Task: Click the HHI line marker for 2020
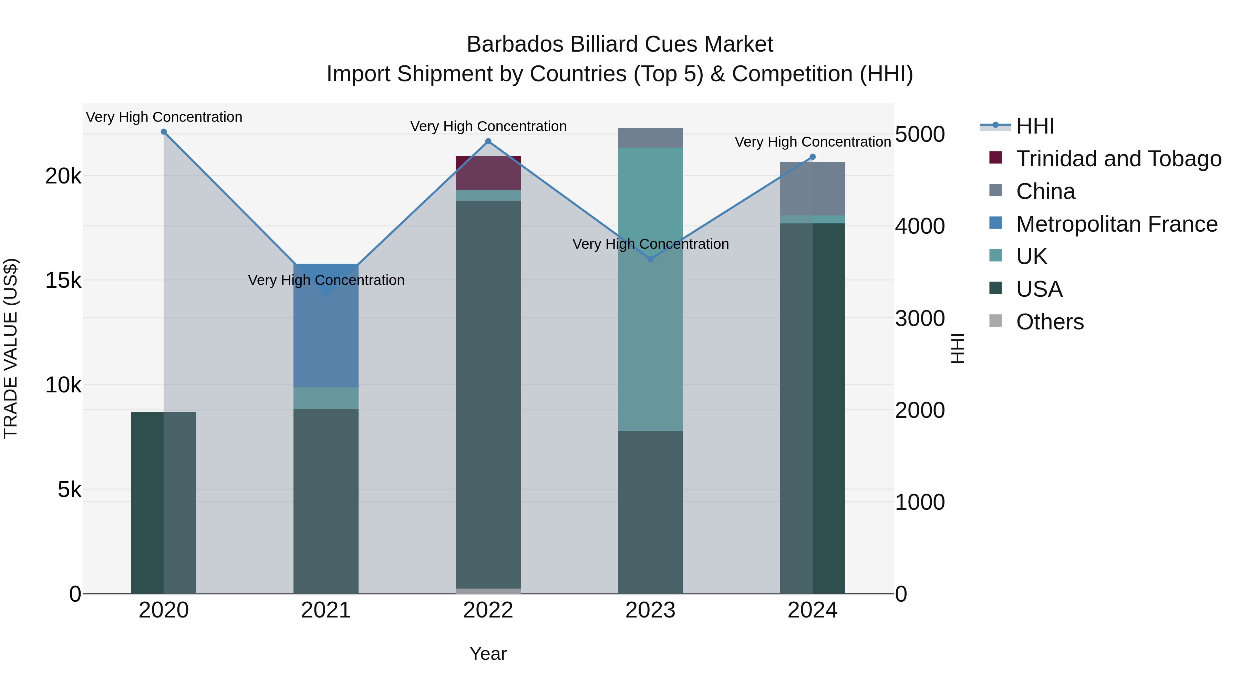coord(164,132)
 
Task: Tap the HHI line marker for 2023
coord(650,259)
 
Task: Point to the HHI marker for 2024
coord(813,157)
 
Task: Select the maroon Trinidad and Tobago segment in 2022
coord(488,173)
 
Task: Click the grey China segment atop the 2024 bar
coord(813,189)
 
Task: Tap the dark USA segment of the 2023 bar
coord(650,512)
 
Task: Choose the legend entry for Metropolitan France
coord(1117,224)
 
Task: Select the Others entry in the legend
coord(1050,322)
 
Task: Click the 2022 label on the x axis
coord(488,610)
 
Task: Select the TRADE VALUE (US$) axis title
coord(11,348)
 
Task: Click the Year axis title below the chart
coord(488,654)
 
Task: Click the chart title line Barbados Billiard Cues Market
coord(620,44)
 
